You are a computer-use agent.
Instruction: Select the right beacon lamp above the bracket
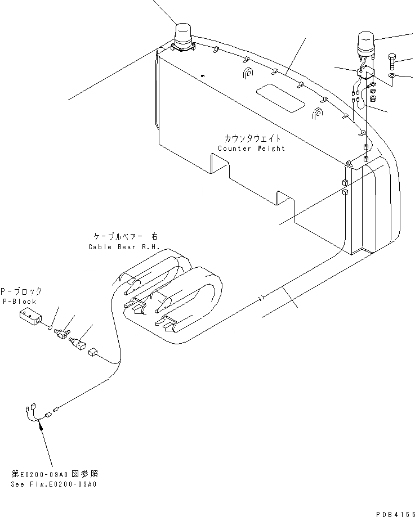367,45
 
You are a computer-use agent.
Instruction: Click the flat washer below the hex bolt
391,75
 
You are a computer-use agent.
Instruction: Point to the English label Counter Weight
251,149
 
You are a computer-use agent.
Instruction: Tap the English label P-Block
20,302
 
